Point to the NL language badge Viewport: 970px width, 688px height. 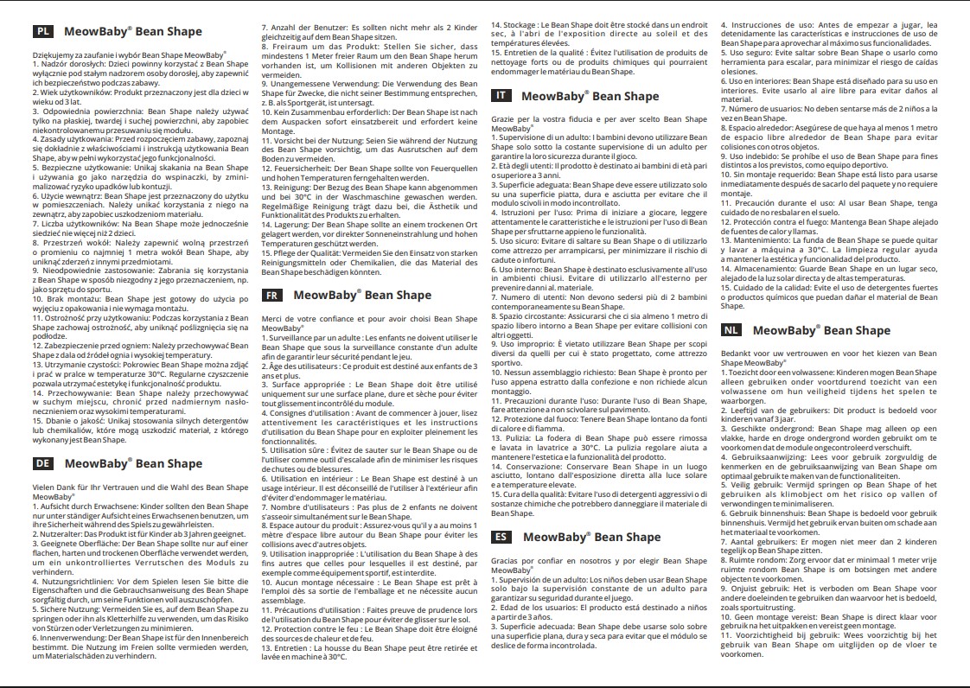point(732,330)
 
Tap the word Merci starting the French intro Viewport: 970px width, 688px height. point(273,319)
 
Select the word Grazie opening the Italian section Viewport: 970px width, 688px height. point(503,118)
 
